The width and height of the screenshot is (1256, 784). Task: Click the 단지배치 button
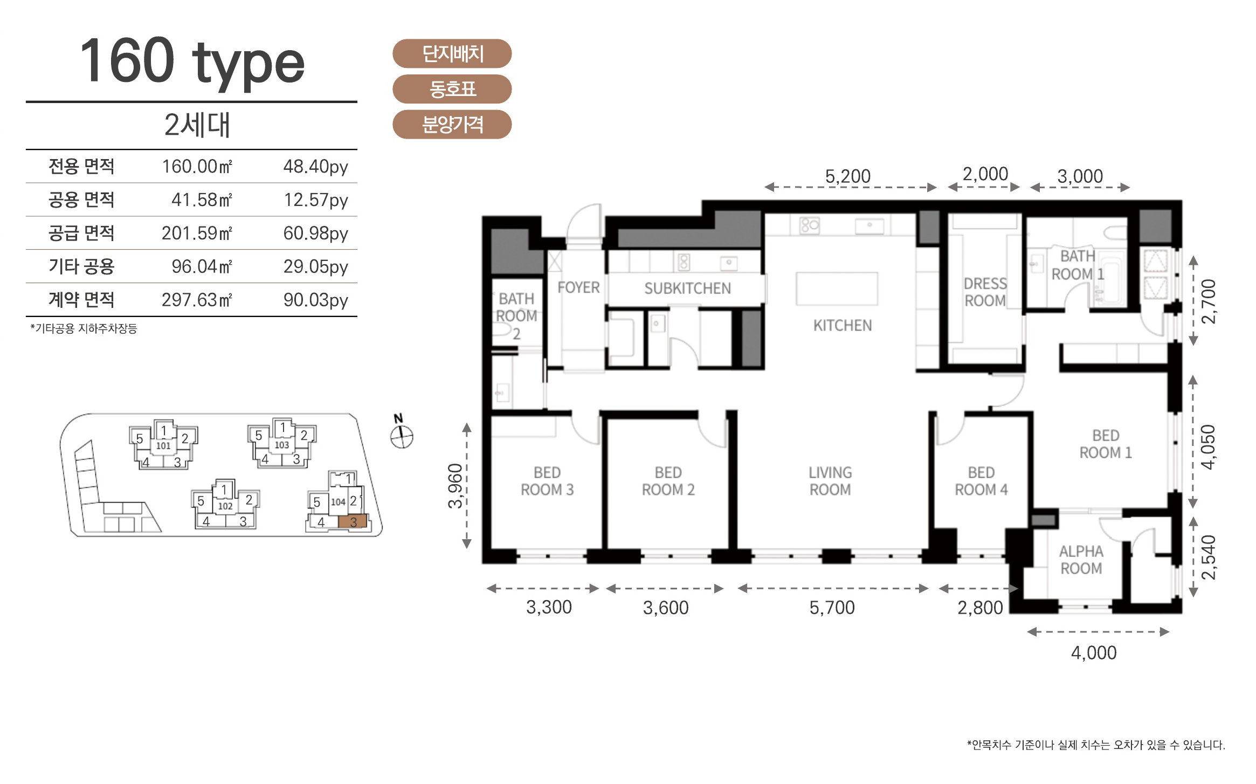point(452,53)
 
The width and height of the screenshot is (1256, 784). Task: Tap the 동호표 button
point(452,89)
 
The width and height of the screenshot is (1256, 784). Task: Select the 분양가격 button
point(452,125)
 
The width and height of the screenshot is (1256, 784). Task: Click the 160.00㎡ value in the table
point(197,167)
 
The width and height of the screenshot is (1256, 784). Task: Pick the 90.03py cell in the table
point(316,300)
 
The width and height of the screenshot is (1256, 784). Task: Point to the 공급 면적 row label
point(81,233)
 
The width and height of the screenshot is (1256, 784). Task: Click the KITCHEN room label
point(843,326)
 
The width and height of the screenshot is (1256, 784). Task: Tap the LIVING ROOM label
point(830,481)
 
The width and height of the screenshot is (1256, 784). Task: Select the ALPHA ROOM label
point(1081,560)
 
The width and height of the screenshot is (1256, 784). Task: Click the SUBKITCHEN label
point(688,288)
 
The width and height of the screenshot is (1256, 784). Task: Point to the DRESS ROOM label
point(985,292)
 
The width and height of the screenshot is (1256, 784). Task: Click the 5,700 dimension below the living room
point(832,608)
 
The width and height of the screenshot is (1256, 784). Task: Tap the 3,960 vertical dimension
point(456,486)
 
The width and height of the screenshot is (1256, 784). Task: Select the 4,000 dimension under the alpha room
point(1094,653)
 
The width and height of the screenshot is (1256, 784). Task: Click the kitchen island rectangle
point(837,289)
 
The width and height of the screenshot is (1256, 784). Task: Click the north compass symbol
point(402,436)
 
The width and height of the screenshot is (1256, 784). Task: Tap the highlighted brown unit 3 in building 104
point(353,521)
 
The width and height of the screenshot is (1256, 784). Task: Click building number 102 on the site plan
point(225,506)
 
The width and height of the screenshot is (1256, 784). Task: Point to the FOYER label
point(578,287)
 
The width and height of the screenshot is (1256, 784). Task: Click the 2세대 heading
point(197,125)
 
